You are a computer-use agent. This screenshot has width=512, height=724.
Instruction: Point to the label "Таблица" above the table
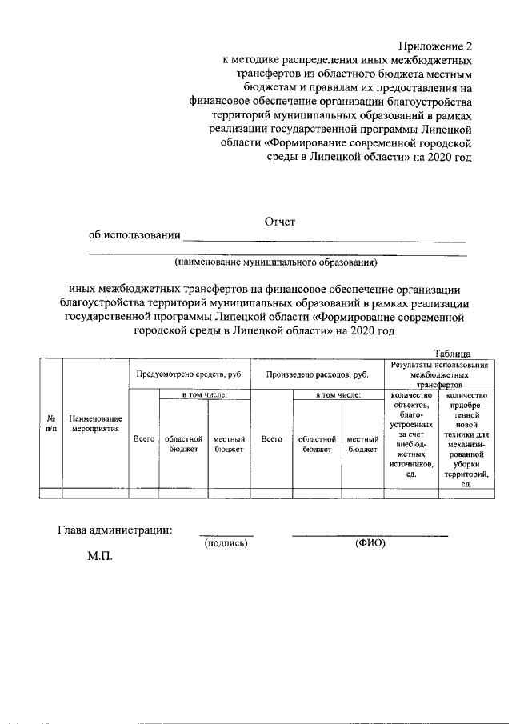452,354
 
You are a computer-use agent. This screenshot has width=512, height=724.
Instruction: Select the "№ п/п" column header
51,423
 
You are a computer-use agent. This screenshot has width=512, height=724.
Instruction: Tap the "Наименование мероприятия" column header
95,423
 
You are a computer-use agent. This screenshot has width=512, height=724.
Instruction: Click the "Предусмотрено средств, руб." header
189,374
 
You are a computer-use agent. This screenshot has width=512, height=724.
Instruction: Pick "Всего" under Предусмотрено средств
143,438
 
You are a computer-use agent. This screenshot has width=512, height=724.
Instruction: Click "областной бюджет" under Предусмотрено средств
183,444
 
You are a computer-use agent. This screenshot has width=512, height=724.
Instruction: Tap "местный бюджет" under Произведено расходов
362,444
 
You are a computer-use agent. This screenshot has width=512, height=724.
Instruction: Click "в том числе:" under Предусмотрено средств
206,394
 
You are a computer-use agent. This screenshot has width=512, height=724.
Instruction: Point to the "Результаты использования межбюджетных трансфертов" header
438,374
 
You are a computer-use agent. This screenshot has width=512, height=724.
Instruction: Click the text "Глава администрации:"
114,528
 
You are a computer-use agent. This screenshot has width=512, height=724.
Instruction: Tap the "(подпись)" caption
226,543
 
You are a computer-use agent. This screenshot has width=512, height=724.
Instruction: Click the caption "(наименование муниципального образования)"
276,262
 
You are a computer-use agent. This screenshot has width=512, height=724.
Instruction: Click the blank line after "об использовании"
324,238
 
